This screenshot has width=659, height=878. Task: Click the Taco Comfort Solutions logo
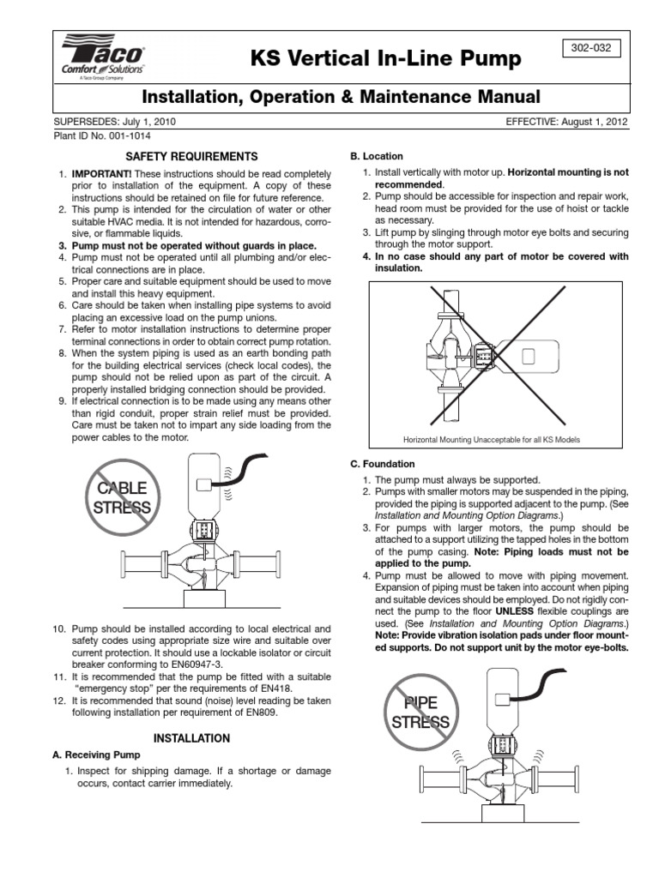click(x=101, y=58)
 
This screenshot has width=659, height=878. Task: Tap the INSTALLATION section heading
click(x=191, y=737)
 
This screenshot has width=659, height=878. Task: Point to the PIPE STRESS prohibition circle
click(x=420, y=713)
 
